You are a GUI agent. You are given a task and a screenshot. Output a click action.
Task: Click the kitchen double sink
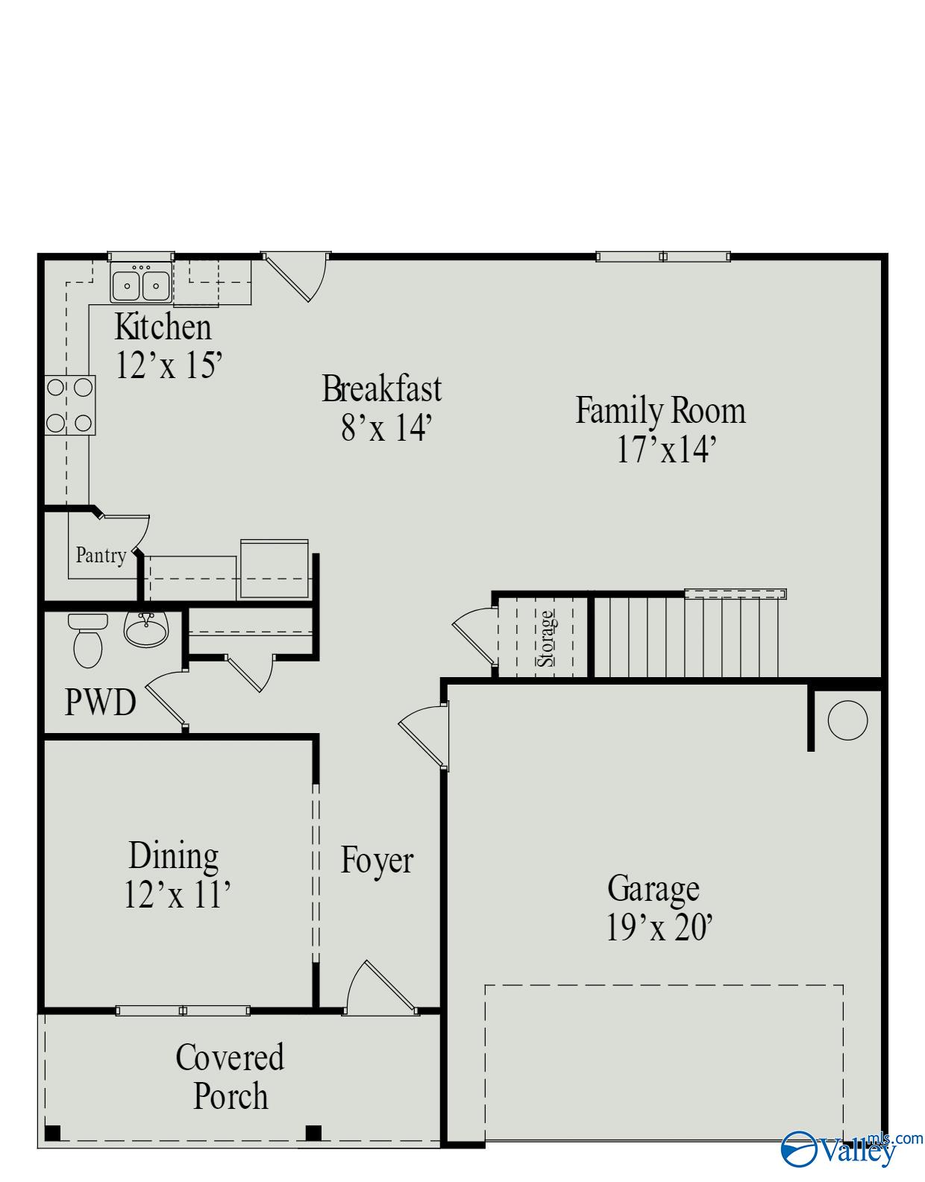coord(140,283)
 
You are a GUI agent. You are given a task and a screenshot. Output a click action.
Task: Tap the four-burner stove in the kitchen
coord(70,406)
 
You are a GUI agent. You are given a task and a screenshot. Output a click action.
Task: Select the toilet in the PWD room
coord(87,641)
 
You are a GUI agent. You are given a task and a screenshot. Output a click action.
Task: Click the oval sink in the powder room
coord(146,630)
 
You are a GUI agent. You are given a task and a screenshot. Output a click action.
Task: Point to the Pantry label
coord(101,556)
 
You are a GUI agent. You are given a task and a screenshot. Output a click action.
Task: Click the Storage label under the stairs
coord(547,638)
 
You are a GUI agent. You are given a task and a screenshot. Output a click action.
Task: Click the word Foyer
coord(377,860)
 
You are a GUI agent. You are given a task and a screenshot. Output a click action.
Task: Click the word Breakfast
coord(381,389)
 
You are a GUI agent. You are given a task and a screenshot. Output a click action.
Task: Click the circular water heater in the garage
coord(847,720)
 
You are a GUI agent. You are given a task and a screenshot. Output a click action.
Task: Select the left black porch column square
coord(52,1133)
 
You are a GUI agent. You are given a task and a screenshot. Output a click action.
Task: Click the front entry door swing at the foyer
coord(380,988)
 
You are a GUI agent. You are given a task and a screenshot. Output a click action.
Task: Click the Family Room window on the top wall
coord(662,257)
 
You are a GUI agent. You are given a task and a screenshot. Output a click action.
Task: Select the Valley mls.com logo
coord(850,1148)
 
